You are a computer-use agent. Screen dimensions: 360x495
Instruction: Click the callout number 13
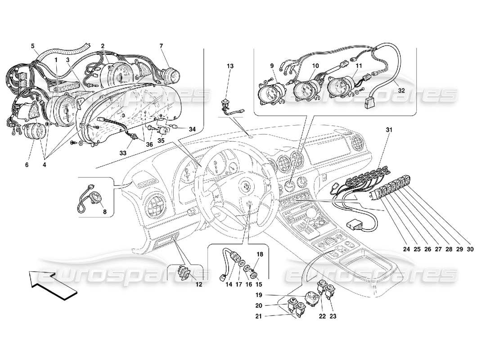point(230,66)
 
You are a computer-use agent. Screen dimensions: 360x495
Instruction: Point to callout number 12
point(198,284)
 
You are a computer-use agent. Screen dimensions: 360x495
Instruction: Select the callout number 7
point(161,46)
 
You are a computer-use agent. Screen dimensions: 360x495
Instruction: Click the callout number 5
point(32,46)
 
